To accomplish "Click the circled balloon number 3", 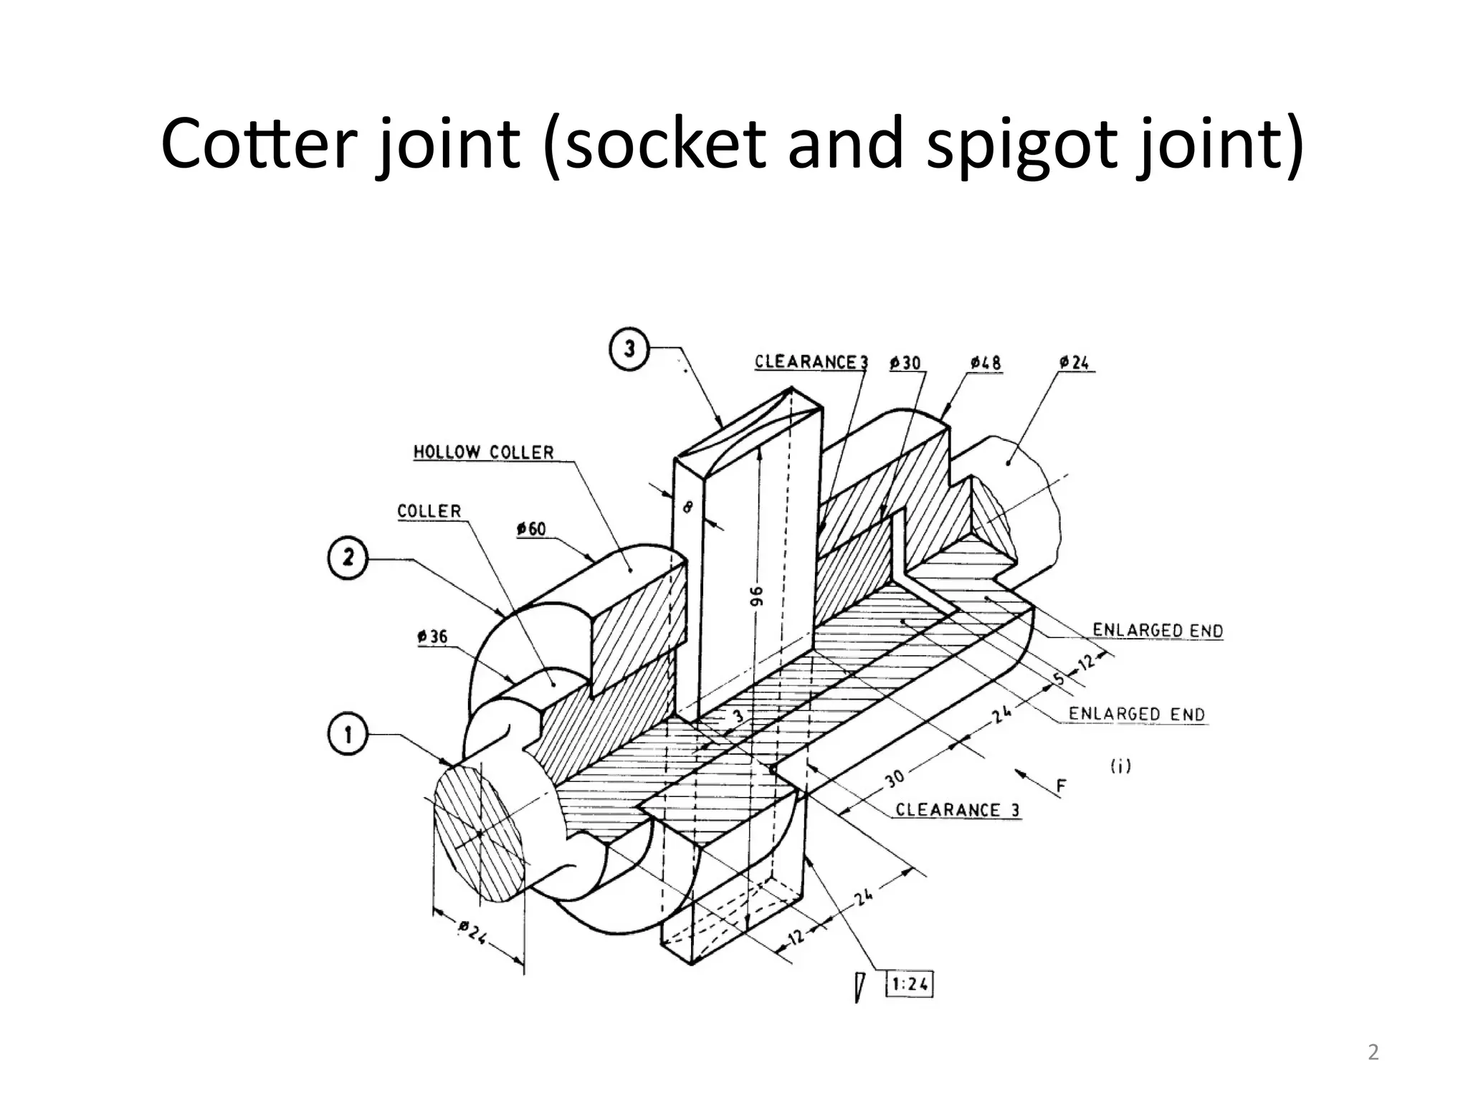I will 629,350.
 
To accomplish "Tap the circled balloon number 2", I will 348,558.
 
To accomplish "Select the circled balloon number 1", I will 348,735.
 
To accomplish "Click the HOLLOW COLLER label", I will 484,452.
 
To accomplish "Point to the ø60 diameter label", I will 531,529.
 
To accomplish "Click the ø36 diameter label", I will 432,637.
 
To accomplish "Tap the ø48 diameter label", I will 986,363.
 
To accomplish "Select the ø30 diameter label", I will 905,363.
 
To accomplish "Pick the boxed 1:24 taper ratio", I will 910,984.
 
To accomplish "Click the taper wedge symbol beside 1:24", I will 859,987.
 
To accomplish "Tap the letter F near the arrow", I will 1062,787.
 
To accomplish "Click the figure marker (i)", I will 1120,766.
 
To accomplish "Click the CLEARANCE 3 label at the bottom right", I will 958,810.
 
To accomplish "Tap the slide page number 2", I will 1373,1052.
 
